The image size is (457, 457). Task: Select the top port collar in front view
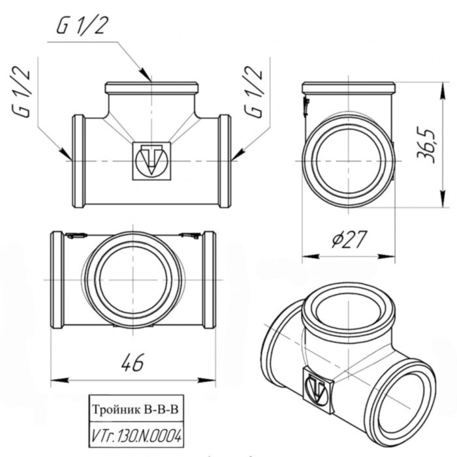tap(151, 87)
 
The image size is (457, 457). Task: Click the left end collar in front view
tap(78, 160)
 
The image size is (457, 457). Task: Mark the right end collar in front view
tap(225, 160)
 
